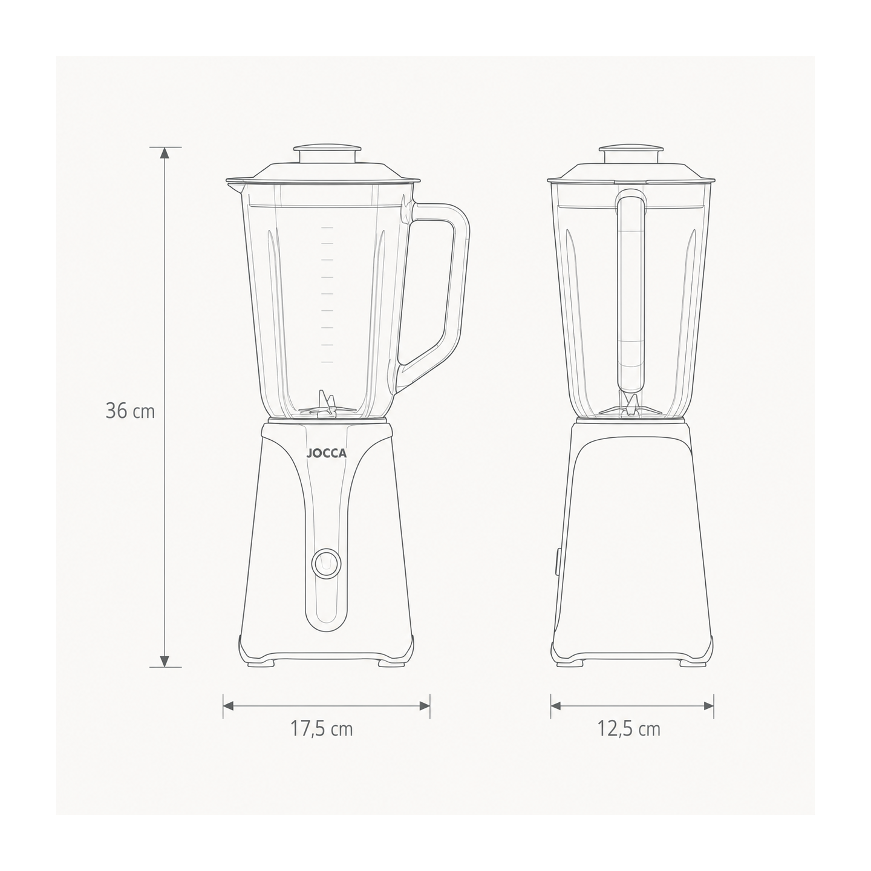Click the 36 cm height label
(x=130, y=411)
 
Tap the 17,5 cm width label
(x=321, y=729)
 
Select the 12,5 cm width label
(x=629, y=729)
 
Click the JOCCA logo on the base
(x=327, y=454)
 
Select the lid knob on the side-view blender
(x=631, y=155)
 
